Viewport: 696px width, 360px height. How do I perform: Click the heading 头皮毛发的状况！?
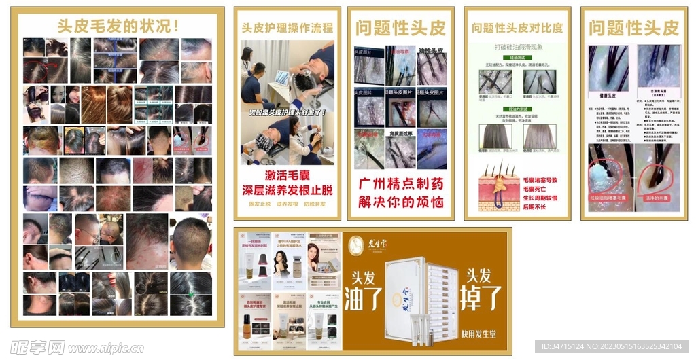[118, 26]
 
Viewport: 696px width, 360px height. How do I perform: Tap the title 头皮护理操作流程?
[288, 28]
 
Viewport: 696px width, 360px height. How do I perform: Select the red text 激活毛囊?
[288, 176]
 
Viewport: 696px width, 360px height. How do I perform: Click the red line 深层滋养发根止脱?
[288, 190]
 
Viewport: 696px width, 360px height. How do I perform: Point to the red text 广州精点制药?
[401, 184]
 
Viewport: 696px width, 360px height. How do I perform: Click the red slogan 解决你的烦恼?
[401, 202]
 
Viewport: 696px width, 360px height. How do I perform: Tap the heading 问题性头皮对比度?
[517, 28]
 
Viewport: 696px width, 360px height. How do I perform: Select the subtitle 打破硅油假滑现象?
[517, 48]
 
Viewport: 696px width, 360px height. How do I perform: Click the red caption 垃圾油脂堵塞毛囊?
[610, 198]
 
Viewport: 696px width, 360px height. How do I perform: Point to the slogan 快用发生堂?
[483, 334]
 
